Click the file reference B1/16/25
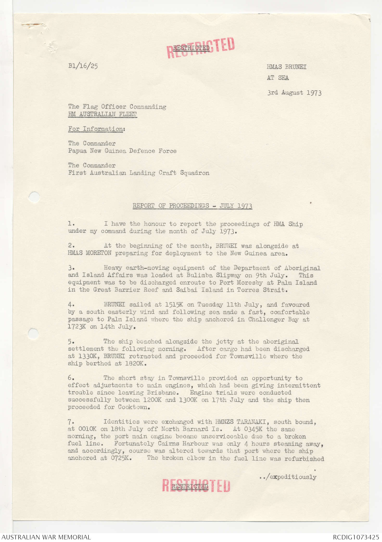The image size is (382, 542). click(x=83, y=66)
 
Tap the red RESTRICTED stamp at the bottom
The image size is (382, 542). click(x=196, y=486)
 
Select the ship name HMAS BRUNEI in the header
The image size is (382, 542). click(x=286, y=67)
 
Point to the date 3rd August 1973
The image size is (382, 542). click(x=294, y=93)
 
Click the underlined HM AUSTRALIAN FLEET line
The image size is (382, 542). click(x=102, y=114)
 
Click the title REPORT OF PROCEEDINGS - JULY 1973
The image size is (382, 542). click(x=192, y=206)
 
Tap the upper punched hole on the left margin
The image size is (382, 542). click(x=34, y=197)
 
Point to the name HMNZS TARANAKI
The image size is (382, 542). click(x=242, y=422)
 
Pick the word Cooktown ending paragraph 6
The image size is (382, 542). click(x=134, y=407)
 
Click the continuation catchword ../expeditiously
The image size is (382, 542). click(x=288, y=477)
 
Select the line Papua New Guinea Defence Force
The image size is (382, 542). click(x=122, y=151)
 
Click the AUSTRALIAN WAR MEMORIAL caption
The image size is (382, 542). click(x=46, y=537)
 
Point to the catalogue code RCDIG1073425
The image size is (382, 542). click(x=356, y=537)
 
